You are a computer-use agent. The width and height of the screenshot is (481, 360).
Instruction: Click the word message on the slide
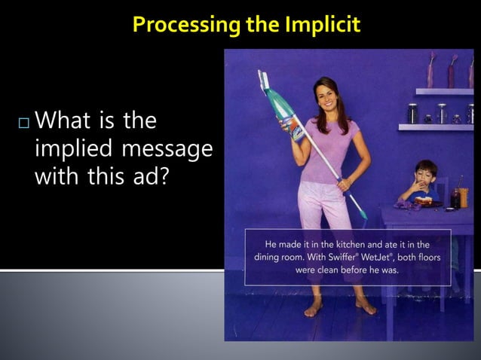pos(167,149)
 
